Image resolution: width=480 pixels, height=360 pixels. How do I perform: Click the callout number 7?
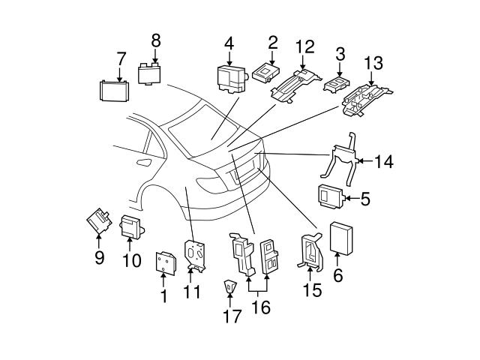tap(121, 58)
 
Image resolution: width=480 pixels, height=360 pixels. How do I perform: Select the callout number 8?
tap(156, 40)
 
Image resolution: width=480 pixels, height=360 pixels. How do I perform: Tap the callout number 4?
tap(229, 43)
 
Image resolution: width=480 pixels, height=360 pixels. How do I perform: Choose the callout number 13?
tap(372, 61)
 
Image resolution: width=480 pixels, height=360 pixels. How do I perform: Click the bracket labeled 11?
tap(196, 254)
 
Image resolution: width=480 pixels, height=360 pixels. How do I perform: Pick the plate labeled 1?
tap(165, 262)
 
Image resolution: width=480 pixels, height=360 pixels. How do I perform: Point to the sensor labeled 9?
tap(98, 220)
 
